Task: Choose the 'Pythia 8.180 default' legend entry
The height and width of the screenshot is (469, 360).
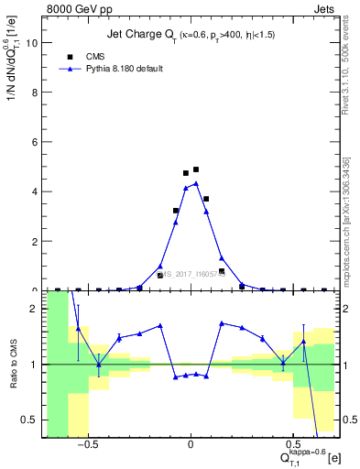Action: [118, 69]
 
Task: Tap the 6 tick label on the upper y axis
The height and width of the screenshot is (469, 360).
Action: [35, 142]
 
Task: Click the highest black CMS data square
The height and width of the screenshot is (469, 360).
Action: [196, 169]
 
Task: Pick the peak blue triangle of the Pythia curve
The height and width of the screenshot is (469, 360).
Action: [196, 183]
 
